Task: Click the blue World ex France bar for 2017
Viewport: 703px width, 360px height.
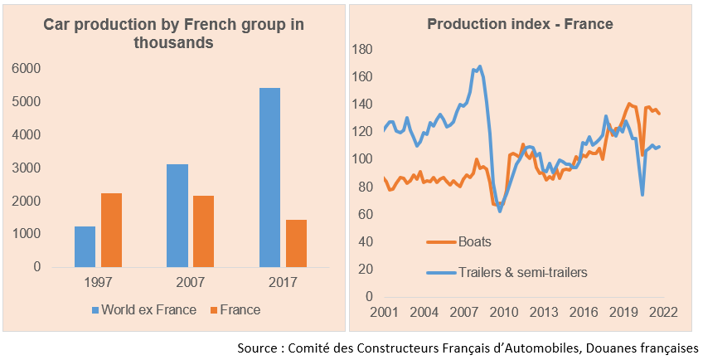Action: tap(269, 178)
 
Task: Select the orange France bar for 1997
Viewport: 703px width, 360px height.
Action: tap(111, 230)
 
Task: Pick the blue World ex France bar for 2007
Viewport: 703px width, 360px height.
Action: tap(177, 216)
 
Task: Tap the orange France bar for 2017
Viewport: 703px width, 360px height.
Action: tap(296, 243)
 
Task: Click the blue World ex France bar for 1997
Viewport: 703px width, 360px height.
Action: tap(85, 246)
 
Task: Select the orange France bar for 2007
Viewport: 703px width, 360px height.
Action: tap(203, 231)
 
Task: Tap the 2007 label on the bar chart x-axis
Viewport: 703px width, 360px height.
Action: tap(190, 283)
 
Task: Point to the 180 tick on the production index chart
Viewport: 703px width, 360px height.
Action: tap(362, 50)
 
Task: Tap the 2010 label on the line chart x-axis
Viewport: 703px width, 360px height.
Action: tap(502, 312)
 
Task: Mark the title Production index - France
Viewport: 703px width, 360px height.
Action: tap(520, 24)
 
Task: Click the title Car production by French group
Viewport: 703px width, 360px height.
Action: tap(173, 33)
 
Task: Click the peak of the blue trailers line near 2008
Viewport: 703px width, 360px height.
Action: tap(480, 66)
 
